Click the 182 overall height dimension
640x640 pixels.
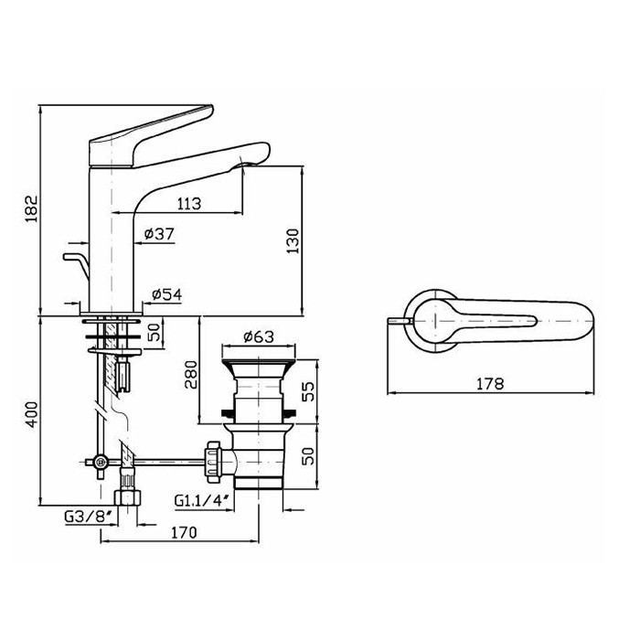pyautogui.click(x=31, y=208)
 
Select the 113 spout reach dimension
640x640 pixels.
pyautogui.click(x=189, y=203)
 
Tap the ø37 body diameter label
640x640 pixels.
pyautogui.click(x=159, y=234)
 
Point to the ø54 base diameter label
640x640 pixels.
pyautogui.click(x=166, y=294)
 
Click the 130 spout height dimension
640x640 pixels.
pyautogui.click(x=293, y=240)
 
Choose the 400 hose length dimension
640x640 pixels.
pyautogui.click(x=31, y=415)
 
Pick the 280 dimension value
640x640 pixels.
pyautogui.click(x=190, y=374)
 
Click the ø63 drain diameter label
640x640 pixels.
pyautogui.click(x=259, y=336)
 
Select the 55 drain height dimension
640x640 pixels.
pyautogui.click(x=309, y=391)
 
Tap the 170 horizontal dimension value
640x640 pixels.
pyautogui.click(x=184, y=532)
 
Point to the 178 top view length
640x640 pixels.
pyautogui.click(x=490, y=383)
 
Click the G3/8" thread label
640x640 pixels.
pyautogui.click(x=88, y=517)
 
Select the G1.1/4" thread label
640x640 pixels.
pyautogui.click(x=205, y=500)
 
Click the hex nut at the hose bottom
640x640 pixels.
pyautogui.click(x=127, y=498)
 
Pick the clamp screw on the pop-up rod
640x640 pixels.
pyautogui.click(x=100, y=462)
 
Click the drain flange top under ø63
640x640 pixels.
pyautogui.click(x=259, y=362)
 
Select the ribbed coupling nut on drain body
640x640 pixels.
pyautogui.click(x=213, y=462)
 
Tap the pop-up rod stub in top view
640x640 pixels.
pyautogui.click(x=398, y=320)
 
